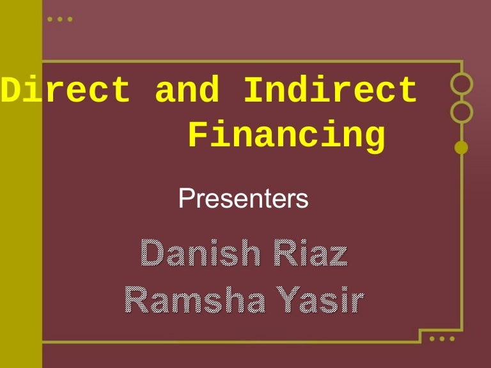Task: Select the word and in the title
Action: (186, 90)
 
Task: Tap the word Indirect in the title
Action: (330, 90)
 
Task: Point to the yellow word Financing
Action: (287, 136)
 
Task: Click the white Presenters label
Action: (244, 199)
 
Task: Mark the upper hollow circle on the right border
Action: (461, 84)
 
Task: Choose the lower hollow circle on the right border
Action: (461, 112)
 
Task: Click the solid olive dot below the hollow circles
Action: (461, 148)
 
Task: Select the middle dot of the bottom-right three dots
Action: (442, 338)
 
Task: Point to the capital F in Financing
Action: (199, 136)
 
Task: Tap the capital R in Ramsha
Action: (136, 298)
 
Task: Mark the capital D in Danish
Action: (151, 254)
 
